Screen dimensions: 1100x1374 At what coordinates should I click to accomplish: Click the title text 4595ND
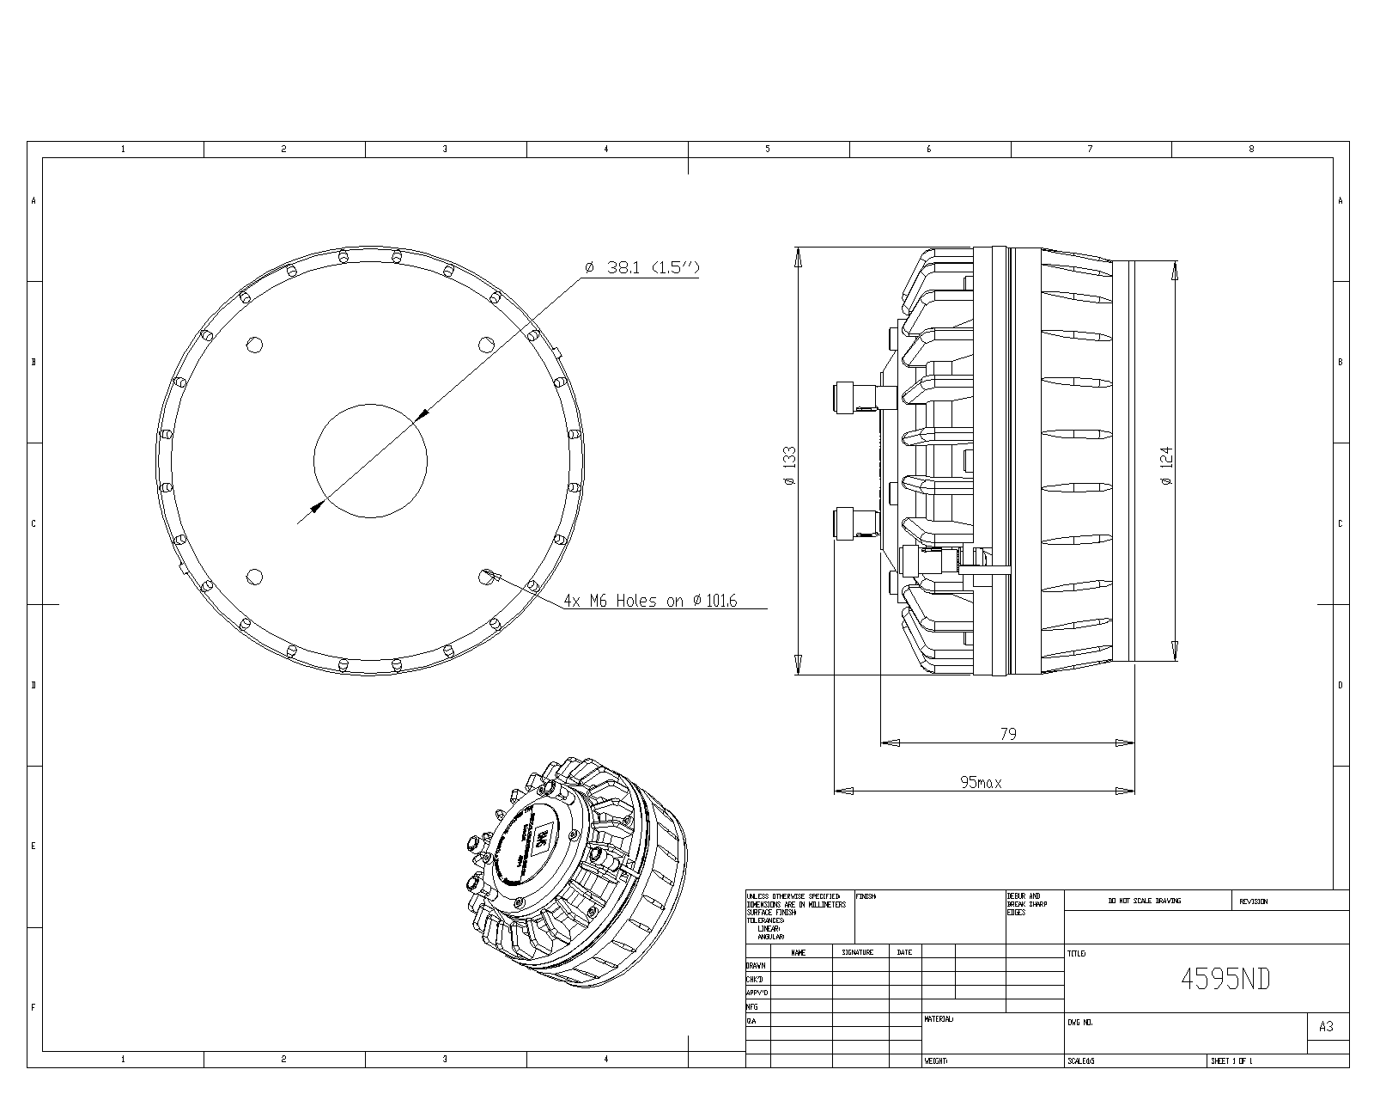pos(1225,979)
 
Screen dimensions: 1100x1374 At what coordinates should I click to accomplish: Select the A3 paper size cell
pos(1326,1026)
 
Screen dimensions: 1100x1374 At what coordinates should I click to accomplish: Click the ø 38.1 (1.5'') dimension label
pos(641,268)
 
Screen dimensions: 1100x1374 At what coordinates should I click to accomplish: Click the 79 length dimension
pos(1008,734)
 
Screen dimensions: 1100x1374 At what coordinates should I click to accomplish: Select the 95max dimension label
pos(981,783)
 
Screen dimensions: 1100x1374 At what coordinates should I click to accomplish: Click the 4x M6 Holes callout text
pos(650,601)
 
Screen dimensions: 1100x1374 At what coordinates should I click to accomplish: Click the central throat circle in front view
pos(370,461)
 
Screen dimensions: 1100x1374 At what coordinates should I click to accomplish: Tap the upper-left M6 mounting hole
pos(254,345)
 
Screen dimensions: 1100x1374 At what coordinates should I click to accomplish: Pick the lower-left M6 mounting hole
pos(254,577)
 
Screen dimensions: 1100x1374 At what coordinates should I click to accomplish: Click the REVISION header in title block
pos(1253,901)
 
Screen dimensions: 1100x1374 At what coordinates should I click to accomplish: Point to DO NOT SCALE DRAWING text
pos(1144,901)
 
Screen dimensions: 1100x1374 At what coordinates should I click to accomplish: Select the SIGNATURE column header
pos(857,952)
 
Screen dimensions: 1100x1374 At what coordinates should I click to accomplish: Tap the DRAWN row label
pos(756,965)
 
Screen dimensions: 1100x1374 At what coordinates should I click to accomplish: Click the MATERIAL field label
pos(938,1019)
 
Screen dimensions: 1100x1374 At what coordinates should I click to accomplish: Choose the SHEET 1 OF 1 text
pos(1231,1061)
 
